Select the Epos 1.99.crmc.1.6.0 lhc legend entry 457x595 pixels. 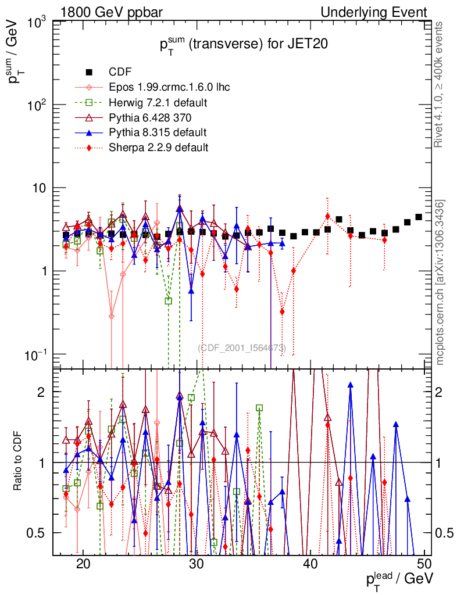[169, 87]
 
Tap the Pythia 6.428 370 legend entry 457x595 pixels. [153, 117]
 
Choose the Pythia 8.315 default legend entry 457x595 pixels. [158, 132]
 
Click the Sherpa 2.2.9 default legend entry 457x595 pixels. [159, 148]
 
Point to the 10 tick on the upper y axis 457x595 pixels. [41, 188]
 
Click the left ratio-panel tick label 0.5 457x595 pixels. [40, 533]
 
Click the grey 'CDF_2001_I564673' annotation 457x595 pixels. [241, 348]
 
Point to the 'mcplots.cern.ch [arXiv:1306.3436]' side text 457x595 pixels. [441, 282]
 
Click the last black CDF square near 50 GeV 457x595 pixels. [419, 217]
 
